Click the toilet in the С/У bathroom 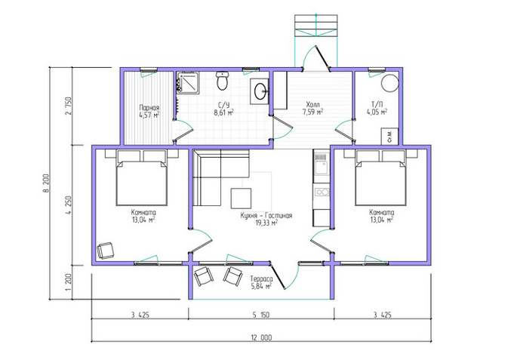coord(222,81)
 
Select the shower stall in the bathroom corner coord(188,82)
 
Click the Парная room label coord(149,108)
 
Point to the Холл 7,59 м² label coord(312,108)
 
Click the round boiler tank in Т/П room coord(389,82)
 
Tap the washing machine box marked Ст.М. coord(389,136)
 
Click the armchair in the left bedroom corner coord(105,251)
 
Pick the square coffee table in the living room coord(241,198)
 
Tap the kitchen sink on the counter coord(321,165)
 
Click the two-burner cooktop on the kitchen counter coord(322,192)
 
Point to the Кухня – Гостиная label coord(266,216)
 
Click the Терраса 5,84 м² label coord(261,282)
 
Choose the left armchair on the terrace coord(204,277)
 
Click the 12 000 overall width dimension coord(261,337)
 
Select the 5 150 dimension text coord(261,315)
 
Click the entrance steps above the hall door coord(315,26)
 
